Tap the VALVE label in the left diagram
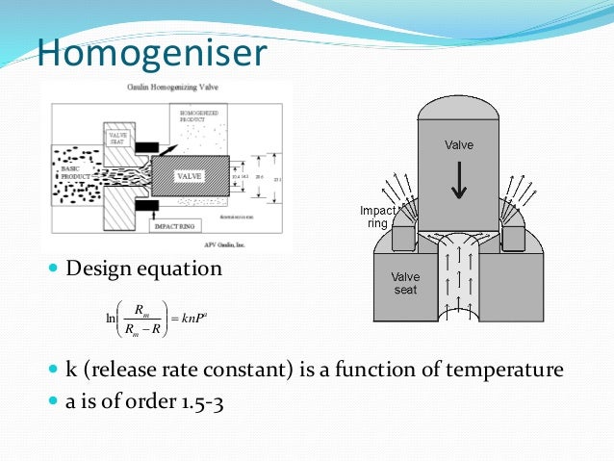(190, 177)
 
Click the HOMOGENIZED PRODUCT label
(203, 117)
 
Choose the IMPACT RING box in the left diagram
(173, 229)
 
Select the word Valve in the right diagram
(459, 145)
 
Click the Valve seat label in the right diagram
(405, 283)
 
